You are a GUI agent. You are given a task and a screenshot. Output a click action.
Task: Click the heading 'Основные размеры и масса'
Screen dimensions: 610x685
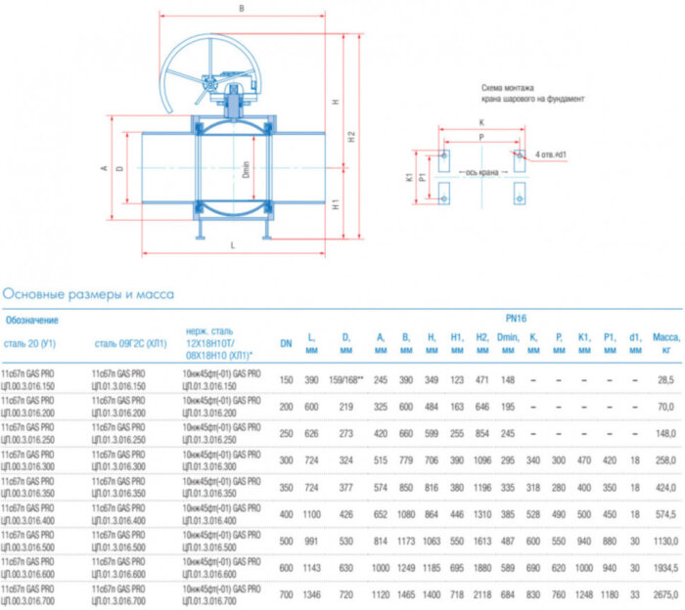[x=88, y=292]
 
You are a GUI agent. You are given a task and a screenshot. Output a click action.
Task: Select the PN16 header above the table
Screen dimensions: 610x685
[x=516, y=319]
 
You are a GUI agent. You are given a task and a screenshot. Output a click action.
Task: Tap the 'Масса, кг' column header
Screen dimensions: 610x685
[x=665, y=342]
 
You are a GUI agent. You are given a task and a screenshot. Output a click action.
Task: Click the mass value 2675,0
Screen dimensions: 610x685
[x=664, y=594]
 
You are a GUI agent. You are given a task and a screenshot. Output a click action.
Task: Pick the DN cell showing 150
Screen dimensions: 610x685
[x=287, y=377]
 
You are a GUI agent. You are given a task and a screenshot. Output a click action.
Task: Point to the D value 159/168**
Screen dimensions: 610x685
[x=345, y=377]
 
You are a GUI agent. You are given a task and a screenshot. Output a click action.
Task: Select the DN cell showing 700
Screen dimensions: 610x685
[x=287, y=594]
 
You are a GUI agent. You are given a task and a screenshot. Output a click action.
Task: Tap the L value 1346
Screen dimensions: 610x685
[x=311, y=594]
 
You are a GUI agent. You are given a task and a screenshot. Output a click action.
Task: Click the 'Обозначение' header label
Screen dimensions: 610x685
[x=31, y=320]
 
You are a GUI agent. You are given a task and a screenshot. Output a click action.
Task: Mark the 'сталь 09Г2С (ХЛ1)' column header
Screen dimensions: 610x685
[x=130, y=343]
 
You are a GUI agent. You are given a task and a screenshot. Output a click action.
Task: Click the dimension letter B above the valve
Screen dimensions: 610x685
[x=241, y=9]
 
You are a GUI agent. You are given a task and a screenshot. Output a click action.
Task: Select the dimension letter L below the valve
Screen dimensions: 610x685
[x=232, y=245]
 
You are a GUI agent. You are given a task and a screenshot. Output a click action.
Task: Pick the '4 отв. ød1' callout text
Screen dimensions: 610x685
[x=554, y=154]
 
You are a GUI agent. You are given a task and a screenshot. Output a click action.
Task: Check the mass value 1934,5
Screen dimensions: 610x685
[x=664, y=567]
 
